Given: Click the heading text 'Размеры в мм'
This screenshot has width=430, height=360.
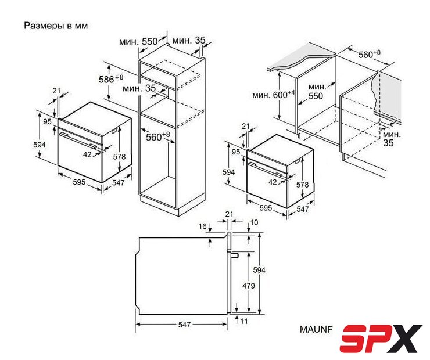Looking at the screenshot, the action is [56, 26].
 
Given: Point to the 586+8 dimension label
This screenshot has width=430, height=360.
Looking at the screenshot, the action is [111, 79].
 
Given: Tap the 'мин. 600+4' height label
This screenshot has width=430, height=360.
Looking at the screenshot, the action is [274, 95].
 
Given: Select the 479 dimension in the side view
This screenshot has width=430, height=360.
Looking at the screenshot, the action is [249, 286].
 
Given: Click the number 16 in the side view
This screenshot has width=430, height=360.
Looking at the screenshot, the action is [202, 226].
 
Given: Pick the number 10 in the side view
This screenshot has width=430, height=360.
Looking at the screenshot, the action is [254, 222].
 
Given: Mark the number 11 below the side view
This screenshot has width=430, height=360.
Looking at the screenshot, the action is [244, 321].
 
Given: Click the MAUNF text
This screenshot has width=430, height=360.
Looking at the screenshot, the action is [316, 329].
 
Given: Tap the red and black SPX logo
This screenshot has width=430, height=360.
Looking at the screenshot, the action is [381, 339].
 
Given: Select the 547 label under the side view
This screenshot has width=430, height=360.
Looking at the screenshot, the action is [184, 325].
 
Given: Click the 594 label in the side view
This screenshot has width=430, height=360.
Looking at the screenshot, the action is [259, 270].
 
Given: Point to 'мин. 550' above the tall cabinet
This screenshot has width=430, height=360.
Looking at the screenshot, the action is [138, 42].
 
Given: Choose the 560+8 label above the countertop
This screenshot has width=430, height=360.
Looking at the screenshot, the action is [370, 54].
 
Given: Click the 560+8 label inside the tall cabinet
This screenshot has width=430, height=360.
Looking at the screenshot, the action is [157, 136].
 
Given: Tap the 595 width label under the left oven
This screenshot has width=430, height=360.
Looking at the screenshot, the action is [79, 182].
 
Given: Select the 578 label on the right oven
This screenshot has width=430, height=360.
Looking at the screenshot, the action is [303, 185].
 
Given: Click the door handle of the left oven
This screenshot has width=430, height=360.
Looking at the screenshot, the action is [78, 140].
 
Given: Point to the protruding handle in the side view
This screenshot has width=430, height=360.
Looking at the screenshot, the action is [234, 255].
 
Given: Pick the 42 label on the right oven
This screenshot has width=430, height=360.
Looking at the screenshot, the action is [273, 182].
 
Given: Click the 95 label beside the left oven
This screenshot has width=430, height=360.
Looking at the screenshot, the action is [47, 121].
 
